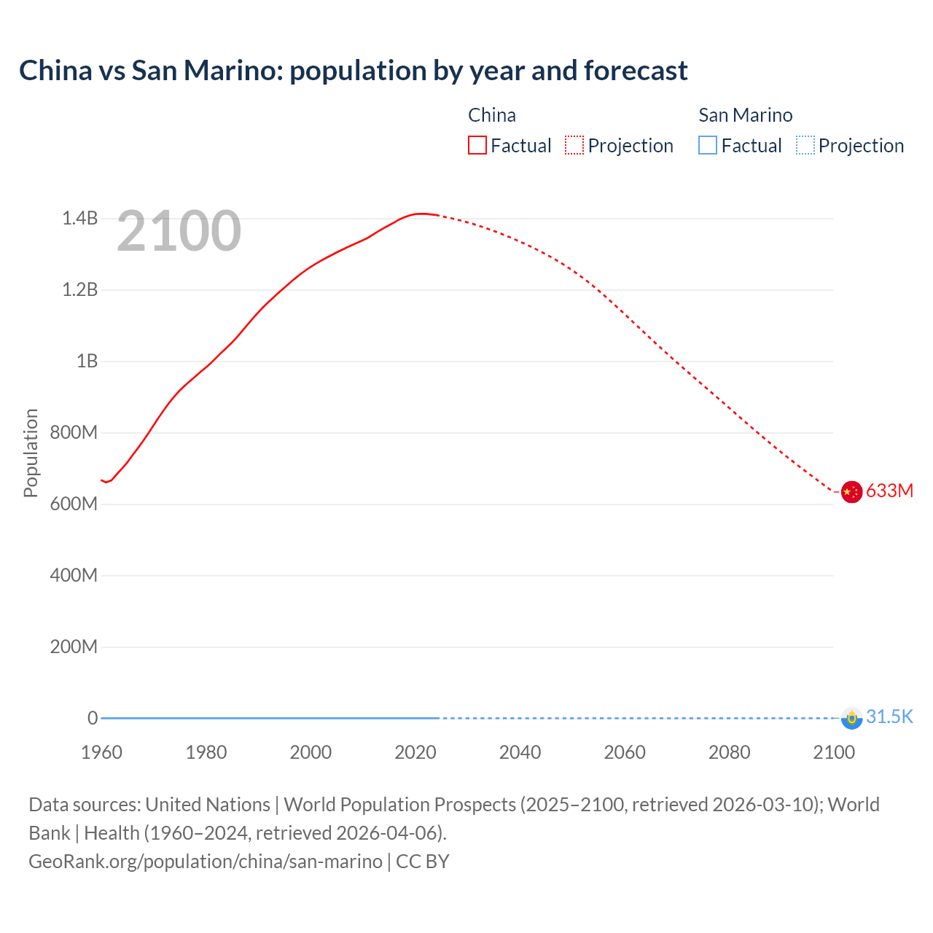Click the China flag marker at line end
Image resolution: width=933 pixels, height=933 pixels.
click(x=851, y=492)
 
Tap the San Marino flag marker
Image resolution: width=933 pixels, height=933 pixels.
click(x=851, y=718)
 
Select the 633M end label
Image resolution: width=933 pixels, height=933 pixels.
click(x=889, y=491)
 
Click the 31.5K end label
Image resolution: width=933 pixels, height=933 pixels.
click(x=889, y=717)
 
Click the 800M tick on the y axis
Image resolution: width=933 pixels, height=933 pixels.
click(x=74, y=432)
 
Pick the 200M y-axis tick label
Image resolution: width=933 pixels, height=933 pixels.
click(x=74, y=647)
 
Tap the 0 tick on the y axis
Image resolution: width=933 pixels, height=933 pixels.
click(x=93, y=718)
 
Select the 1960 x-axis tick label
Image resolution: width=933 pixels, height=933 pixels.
click(x=101, y=752)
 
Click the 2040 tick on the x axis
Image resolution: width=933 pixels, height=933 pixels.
click(x=520, y=752)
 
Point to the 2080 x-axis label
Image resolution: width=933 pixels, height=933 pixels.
click(x=729, y=752)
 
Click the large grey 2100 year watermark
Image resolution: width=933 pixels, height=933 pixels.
click(x=179, y=231)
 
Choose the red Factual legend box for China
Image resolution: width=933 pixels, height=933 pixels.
click(x=477, y=146)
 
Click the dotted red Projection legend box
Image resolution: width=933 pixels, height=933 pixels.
click(x=574, y=146)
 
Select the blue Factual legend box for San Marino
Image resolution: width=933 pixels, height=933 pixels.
click(x=708, y=146)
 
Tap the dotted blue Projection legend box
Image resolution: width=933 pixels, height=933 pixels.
click(x=805, y=146)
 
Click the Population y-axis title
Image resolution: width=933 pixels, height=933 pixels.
click(x=31, y=453)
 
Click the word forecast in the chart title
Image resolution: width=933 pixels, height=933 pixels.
click(x=636, y=71)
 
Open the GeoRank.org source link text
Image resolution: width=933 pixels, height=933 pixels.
click(x=206, y=861)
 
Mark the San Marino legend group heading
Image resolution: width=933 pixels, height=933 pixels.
click(x=745, y=115)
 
